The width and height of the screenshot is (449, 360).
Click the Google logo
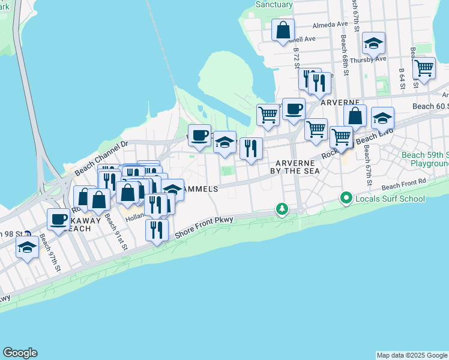coord(20,353)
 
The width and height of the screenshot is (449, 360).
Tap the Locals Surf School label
coord(390,199)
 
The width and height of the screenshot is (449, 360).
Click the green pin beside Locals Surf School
coord(346,197)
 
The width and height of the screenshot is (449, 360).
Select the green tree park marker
coord(282,209)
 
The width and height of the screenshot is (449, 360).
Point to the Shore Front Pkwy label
coord(203,227)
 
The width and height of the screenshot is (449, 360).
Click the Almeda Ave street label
coord(330,25)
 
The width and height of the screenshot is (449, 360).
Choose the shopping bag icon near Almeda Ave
coord(283,30)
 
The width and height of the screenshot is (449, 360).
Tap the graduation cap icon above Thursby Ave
coord(373,43)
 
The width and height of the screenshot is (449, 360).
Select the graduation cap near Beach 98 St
coord(27,247)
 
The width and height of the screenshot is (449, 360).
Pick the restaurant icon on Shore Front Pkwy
coord(157,230)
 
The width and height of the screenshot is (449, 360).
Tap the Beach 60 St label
coord(430,106)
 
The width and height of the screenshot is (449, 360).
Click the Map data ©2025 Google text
coord(412,355)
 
